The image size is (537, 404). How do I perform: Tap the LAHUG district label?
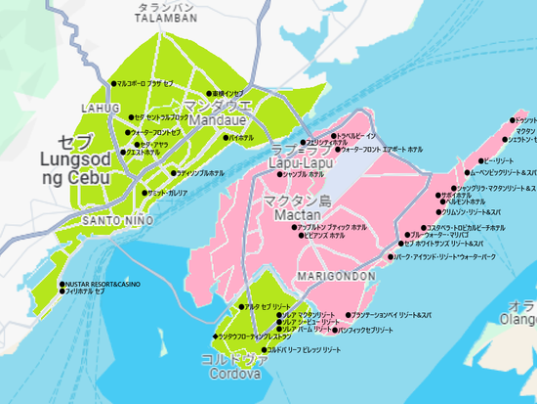click(101, 108)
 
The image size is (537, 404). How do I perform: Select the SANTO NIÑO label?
click(115, 220)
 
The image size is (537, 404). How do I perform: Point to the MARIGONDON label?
click(337, 277)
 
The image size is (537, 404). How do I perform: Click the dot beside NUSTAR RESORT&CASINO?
click(62, 284)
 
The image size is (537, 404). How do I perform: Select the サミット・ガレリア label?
click(166, 194)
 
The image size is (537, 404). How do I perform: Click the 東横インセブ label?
click(227, 94)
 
